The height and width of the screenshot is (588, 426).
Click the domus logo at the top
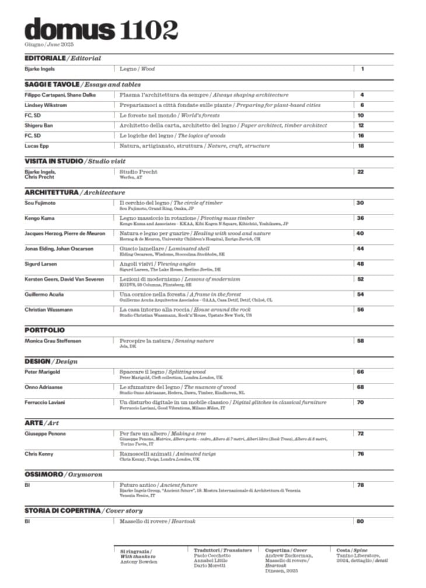70,29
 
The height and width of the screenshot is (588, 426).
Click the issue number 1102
149,29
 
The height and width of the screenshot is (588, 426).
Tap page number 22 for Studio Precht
361,172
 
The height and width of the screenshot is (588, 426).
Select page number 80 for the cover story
360,522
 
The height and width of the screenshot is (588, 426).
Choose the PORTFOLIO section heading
45,330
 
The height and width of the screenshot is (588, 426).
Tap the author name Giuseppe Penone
45,434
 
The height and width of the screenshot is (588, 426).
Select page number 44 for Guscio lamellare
361,248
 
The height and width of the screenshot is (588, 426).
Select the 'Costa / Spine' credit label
352,550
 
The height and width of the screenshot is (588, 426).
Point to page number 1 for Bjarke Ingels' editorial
362,69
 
